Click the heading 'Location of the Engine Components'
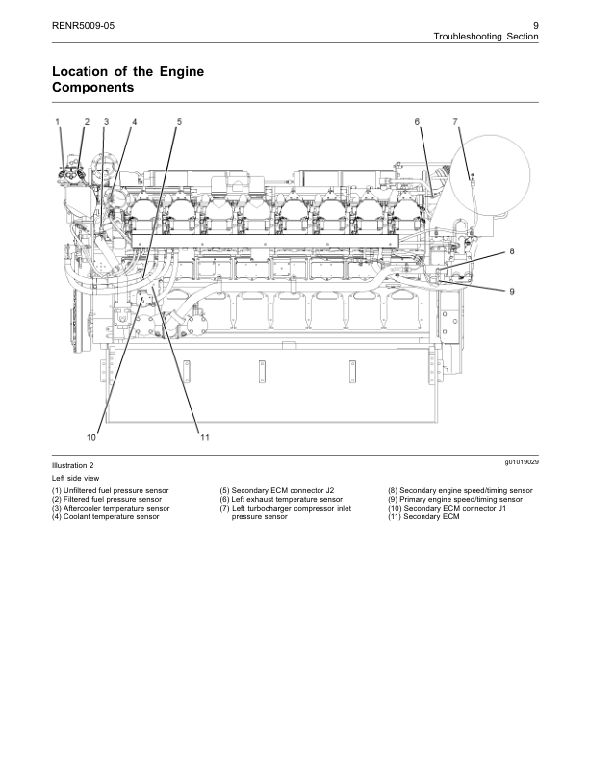click(127, 80)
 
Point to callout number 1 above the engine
click(57, 122)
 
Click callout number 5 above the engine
click(179, 122)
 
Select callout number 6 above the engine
click(417, 122)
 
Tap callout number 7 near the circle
click(455, 122)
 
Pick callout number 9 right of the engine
click(512, 291)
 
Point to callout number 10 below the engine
click(90, 437)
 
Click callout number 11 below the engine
click(205, 437)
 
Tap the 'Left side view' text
click(74, 478)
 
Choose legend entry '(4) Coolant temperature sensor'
click(106, 517)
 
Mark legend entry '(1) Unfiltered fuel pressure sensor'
click(111, 491)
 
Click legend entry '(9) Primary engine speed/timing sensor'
click(455, 500)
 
